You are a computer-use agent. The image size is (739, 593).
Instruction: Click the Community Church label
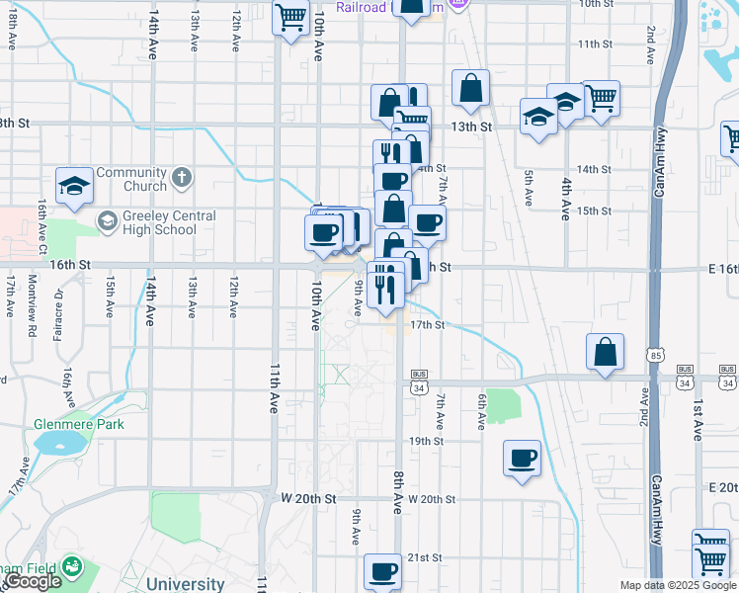pyautogui.click(x=131, y=179)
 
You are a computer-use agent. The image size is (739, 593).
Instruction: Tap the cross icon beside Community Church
pyautogui.click(x=180, y=178)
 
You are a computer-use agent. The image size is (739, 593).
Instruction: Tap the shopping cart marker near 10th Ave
pyautogui.click(x=290, y=17)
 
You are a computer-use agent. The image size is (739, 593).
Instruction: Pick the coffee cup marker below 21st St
pyautogui.click(x=383, y=571)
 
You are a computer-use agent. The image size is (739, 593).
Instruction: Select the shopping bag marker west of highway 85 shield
pyautogui.click(x=605, y=352)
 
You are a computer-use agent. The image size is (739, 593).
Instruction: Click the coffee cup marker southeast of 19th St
pyautogui.click(x=522, y=459)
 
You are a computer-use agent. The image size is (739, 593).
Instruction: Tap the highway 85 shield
pyautogui.click(x=656, y=354)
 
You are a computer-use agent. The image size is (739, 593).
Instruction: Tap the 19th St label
pyautogui.click(x=427, y=441)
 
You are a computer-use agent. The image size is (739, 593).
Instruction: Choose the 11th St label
pyautogui.click(x=596, y=44)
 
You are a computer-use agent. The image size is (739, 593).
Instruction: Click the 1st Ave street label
pyautogui.click(x=697, y=419)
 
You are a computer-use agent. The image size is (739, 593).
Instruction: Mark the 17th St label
pyautogui.click(x=427, y=324)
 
